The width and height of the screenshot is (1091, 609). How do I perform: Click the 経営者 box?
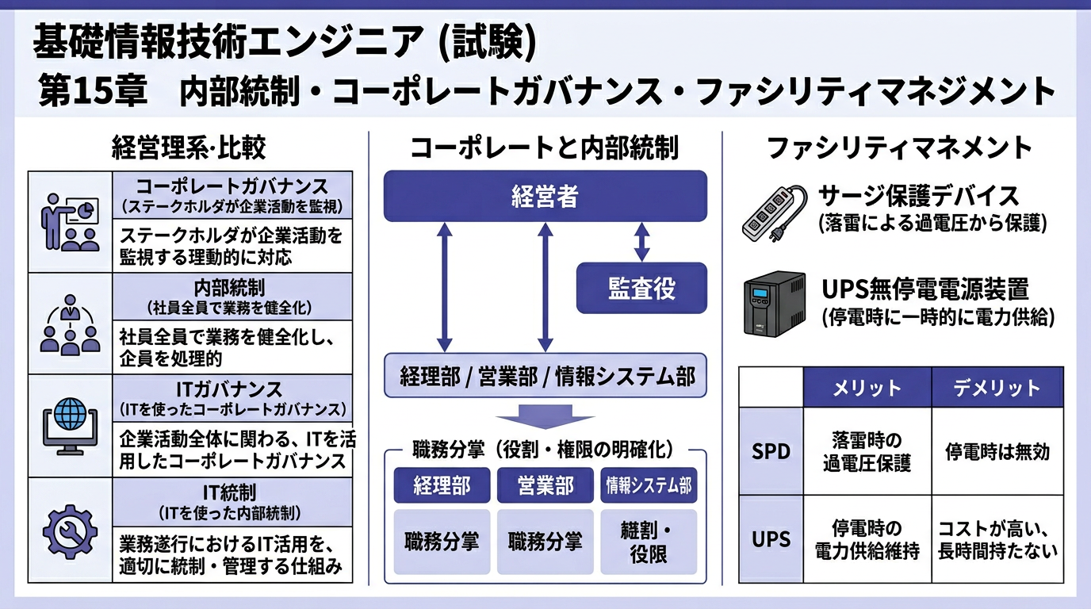point(545,196)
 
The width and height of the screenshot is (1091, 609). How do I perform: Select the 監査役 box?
point(641,288)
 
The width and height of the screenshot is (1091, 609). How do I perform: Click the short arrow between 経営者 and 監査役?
point(641,242)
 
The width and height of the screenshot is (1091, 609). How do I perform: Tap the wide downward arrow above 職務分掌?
point(545,416)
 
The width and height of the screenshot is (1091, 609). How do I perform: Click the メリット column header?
point(867,388)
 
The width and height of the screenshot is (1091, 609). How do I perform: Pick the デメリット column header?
point(997,388)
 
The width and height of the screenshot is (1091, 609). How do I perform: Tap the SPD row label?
point(771,451)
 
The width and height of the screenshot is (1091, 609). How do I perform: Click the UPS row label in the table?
point(771,539)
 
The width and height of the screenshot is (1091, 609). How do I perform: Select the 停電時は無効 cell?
point(997,451)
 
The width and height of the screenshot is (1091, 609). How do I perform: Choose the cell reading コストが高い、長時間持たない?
point(997,539)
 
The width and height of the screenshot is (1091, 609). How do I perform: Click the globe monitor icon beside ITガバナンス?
point(70,426)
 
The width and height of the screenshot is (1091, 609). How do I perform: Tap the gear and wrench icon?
point(70,528)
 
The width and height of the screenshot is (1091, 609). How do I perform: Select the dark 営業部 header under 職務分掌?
point(545,485)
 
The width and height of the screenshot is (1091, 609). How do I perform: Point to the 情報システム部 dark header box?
point(648,485)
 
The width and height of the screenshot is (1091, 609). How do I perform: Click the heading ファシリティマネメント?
point(899,147)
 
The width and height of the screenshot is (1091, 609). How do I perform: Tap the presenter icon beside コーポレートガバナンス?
point(70,222)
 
